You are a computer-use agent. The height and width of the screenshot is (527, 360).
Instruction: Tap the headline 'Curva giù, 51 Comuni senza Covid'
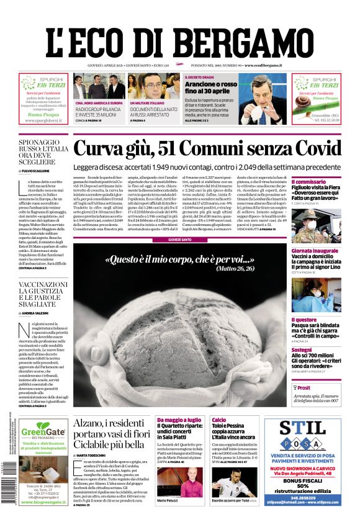(x=207, y=149)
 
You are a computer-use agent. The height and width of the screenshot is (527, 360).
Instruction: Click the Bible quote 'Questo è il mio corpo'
(x=179, y=259)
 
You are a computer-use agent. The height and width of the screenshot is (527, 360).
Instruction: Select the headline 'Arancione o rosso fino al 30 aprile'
(x=211, y=87)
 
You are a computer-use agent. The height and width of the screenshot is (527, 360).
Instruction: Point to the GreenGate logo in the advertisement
(x=43, y=431)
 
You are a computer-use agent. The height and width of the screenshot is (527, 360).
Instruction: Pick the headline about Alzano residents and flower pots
(x=109, y=433)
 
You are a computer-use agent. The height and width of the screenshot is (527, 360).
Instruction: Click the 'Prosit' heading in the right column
(x=304, y=387)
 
